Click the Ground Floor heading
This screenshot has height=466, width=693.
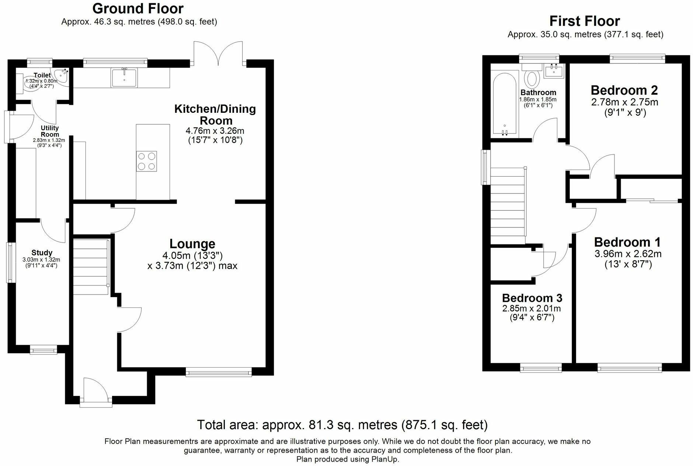coord(138,8)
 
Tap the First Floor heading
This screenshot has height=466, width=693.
coord(585,21)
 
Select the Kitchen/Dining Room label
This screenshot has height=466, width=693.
coord(215,114)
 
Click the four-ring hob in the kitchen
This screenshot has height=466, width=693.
coord(147,161)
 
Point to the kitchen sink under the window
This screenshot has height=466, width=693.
coord(124,78)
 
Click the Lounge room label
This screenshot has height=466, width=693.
coord(192,244)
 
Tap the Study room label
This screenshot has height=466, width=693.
coord(42,253)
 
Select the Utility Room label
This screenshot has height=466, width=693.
coord(50,131)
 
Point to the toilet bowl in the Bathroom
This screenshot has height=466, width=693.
coord(532,79)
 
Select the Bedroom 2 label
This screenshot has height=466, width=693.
coord(624,90)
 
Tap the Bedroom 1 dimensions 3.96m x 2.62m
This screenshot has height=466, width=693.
coord(628,254)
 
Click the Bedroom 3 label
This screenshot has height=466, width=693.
coord(532,298)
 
